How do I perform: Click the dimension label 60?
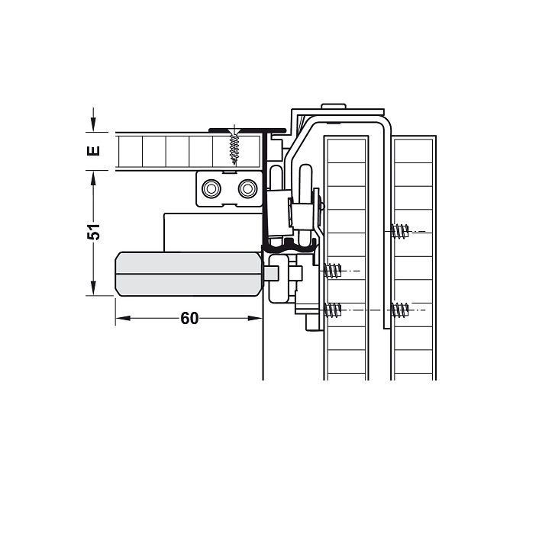click(190, 319)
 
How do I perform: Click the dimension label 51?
click(94, 232)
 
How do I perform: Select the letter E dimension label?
click(93, 151)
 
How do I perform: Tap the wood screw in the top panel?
click(234, 146)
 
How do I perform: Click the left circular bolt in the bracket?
click(211, 189)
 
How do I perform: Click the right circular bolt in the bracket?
click(247, 189)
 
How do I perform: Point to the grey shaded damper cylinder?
click(189, 274)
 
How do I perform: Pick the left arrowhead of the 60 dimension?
click(123, 319)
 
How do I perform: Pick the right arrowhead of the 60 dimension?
click(255, 319)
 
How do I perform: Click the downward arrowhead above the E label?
click(93, 124)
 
